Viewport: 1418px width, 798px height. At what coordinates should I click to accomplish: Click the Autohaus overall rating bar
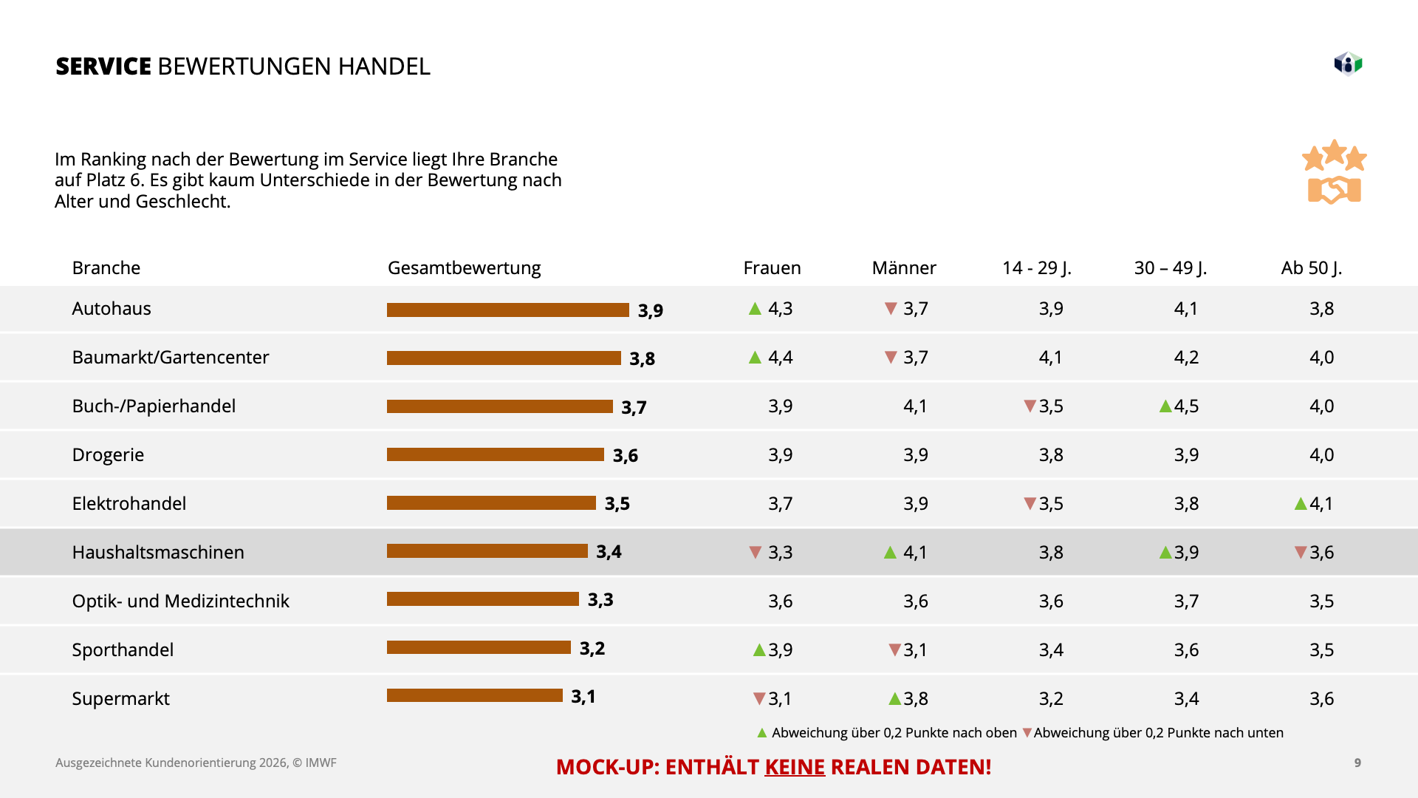pos(508,310)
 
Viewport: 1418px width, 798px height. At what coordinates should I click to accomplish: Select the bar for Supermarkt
pos(475,695)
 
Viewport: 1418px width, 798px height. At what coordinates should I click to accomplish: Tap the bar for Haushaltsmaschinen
pos(487,551)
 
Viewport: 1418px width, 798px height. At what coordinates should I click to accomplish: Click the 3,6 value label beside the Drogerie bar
pos(625,455)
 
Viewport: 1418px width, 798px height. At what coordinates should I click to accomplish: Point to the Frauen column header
pos(772,267)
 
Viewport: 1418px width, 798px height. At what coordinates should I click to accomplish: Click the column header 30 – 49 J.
pos(1170,267)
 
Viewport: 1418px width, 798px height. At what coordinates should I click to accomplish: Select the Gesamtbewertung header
pos(464,267)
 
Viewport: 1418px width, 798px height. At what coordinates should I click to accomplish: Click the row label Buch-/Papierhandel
pos(154,406)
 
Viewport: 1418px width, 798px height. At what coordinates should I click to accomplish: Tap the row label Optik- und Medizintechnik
pos(180,601)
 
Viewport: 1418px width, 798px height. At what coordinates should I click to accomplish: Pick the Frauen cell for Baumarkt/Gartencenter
pos(780,358)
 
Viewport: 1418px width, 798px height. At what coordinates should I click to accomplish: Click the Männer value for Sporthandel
pos(915,650)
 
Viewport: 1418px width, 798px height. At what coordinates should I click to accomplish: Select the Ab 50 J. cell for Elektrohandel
pos(1321,504)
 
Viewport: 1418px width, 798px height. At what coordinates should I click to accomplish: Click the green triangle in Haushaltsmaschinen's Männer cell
pos(890,553)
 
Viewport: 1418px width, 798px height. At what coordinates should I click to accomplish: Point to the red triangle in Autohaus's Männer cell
pos(891,308)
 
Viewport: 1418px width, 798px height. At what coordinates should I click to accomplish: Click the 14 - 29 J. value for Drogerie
pos(1051,455)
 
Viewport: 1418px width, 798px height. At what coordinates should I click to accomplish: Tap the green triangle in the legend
pos(762,733)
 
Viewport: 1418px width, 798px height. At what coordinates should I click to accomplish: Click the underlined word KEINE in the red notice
pos(795,767)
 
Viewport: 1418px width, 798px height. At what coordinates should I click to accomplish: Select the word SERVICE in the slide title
pos(103,66)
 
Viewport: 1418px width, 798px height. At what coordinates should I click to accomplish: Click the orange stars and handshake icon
pos(1334,172)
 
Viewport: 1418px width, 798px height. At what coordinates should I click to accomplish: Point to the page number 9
pos(1357,763)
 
